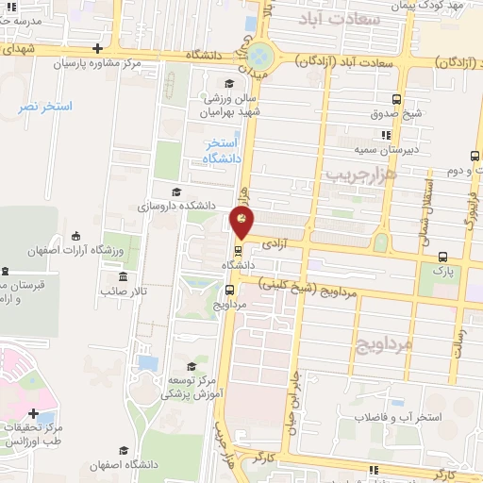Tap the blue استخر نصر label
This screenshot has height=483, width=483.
click(45, 107)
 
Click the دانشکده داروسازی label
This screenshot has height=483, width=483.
click(177, 204)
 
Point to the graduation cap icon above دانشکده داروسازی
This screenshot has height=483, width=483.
click(209, 189)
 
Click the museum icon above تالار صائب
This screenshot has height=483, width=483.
click(125, 276)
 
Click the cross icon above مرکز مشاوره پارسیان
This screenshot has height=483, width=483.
click(98, 48)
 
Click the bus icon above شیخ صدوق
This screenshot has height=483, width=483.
click(395, 99)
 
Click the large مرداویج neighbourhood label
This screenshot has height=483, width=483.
click(385, 344)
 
